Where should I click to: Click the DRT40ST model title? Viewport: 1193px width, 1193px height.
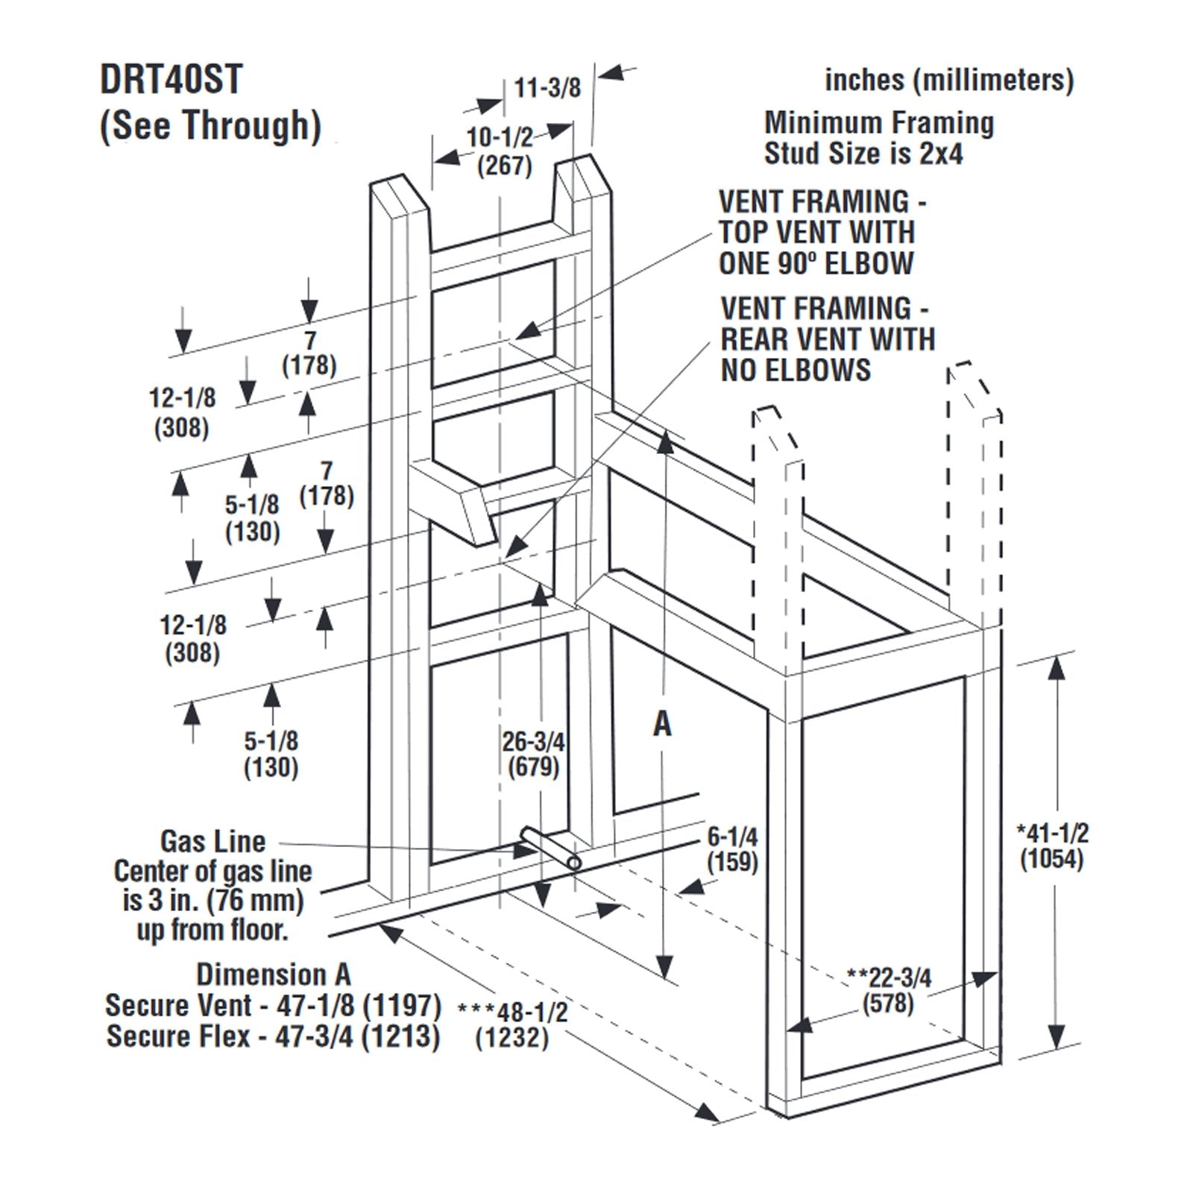click(x=171, y=80)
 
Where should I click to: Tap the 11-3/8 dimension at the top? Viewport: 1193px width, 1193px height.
click(x=547, y=88)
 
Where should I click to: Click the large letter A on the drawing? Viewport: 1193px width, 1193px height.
click(x=662, y=723)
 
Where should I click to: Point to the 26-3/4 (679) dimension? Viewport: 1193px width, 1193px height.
click(x=533, y=754)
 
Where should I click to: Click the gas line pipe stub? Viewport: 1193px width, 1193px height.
click(x=551, y=848)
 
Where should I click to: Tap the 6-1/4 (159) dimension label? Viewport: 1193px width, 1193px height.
click(x=732, y=850)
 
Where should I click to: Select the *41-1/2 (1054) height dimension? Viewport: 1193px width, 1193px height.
click(x=1052, y=846)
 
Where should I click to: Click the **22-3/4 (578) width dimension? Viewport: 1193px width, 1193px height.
click(x=889, y=989)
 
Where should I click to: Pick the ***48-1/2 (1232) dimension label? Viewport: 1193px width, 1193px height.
click(x=512, y=1024)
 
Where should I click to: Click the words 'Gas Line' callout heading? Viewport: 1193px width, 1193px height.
click(x=213, y=841)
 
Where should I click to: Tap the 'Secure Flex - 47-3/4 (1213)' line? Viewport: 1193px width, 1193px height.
click(x=273, y=1036)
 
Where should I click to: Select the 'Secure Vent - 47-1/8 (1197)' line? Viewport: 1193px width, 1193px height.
click(x=273, y=1005)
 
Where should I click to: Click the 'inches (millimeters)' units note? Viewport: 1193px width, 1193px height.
click(x=948, y=80)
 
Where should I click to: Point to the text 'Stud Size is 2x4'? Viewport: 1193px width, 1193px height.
click(x=863, y=154)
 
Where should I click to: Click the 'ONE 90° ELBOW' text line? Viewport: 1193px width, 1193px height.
click(x=816, y=263)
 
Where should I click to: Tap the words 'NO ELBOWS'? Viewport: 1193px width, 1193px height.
click(x=796, y=370)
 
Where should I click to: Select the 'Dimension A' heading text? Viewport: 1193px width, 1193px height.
click(x=273, y=975)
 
